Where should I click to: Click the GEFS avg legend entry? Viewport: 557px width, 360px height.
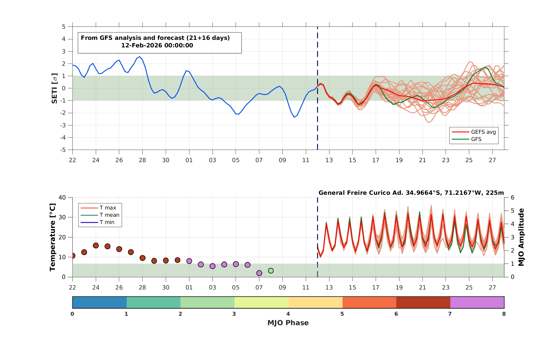[x=474, y=132]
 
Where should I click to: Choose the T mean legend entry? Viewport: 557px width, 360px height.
[x=100, y=215]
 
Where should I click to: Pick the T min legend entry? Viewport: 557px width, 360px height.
[x=97, y=222]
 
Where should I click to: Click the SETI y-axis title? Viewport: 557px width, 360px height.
[x=54, y=88]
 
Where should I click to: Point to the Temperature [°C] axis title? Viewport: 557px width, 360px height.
[x=52, y=237]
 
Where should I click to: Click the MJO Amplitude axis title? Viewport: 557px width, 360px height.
[x=521, y=237]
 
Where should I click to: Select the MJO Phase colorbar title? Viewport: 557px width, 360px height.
[x=288, y=323]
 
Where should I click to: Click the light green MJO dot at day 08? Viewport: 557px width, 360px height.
[x=271, y=271]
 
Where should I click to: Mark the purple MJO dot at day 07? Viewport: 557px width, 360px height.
[x=259, y=273]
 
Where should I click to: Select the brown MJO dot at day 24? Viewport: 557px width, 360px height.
[x=96, y=245]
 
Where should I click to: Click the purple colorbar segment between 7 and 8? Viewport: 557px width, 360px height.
[x=477, y=302]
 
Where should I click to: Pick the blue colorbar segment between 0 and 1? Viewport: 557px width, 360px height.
[x=99, y=302]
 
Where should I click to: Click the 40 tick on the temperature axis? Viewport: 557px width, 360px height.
[x=62, y=198]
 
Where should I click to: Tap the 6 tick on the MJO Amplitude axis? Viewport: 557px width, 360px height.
[x=512, y=198]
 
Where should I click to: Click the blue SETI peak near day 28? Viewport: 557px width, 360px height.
[x=140, y=57]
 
